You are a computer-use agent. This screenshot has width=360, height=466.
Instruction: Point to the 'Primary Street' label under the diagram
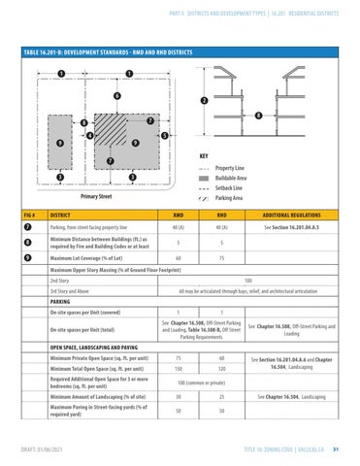pyautogui.click(x=94, y=196)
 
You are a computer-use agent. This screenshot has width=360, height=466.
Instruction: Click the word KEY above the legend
pyautogui.click(x=203, y=155)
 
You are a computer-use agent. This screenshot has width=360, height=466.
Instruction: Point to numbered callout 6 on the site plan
pyautogui.click(x=116, y=95)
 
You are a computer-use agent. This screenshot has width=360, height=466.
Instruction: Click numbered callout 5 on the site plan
pyautogui.click(x=166, y=135)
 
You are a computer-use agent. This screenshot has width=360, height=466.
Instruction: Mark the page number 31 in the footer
pyautogui.click(x=333, y=450)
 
